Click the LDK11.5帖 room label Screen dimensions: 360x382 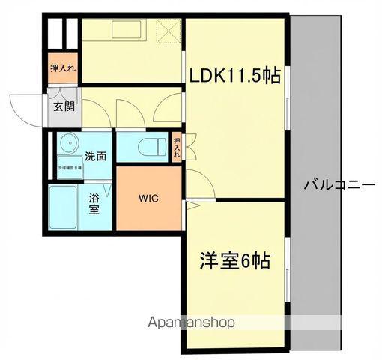click(234, 76)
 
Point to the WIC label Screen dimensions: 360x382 click(148, 199)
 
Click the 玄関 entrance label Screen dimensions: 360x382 click(64, 106)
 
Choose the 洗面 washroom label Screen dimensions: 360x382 click(94, 157)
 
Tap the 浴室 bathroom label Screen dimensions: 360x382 click(95, 205)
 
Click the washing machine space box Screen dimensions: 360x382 click(73, 169)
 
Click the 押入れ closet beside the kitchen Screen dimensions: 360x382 click(64, 67)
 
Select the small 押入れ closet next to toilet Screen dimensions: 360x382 click(177, 147)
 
